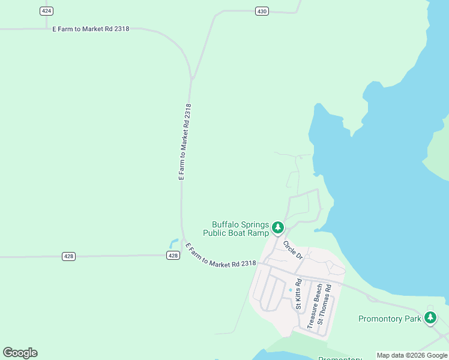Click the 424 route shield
(47, 11)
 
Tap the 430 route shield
(261, 11)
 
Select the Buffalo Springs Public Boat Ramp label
(236, 229)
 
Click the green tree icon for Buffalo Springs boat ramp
(277, 227)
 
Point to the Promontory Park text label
(390, 319)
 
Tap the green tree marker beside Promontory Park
(430, 318)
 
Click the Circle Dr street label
(293, 250)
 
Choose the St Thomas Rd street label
(324, 304)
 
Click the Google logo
(20, 353)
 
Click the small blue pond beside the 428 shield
(173, 244)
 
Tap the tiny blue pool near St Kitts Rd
(291, 290)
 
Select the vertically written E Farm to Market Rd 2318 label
(185, 142)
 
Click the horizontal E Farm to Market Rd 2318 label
(91, 29)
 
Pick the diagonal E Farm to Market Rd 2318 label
(220, 256)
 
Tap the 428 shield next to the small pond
(173, 256)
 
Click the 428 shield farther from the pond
(68, 256)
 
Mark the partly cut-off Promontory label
(339, 358)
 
